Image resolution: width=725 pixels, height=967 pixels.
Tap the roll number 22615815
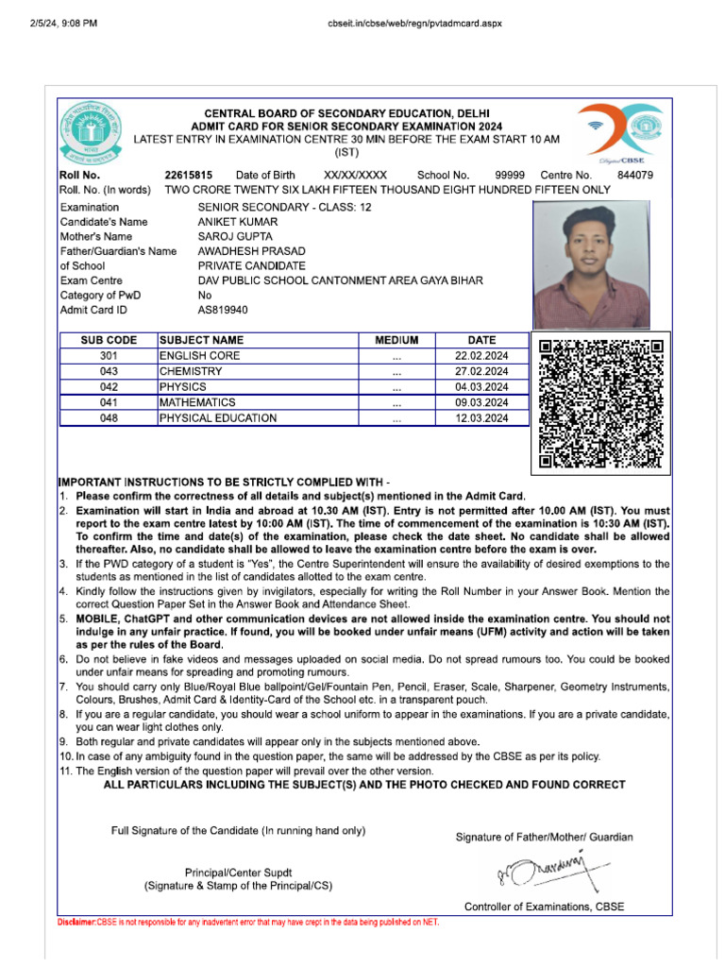[188, 176]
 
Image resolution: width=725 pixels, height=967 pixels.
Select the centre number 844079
[634, 176]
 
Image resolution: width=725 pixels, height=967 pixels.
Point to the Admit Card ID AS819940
[223, 310]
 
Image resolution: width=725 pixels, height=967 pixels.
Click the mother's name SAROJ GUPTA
[235, 236]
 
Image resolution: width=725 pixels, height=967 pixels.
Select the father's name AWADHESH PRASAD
[251, 251]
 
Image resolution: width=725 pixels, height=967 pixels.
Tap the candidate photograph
[591, 265]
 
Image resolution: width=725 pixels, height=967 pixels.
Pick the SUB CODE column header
[109, 340]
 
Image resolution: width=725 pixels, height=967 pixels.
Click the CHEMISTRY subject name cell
[191, 372]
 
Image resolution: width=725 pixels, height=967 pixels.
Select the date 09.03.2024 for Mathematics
[481, 402]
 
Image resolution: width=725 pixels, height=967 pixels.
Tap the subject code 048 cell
[109, 418]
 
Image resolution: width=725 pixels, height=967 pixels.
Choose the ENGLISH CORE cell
[200, 356]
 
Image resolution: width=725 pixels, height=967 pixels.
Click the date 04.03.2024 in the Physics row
[481, 387]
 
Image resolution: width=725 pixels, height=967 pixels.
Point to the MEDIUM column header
[396, 340]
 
